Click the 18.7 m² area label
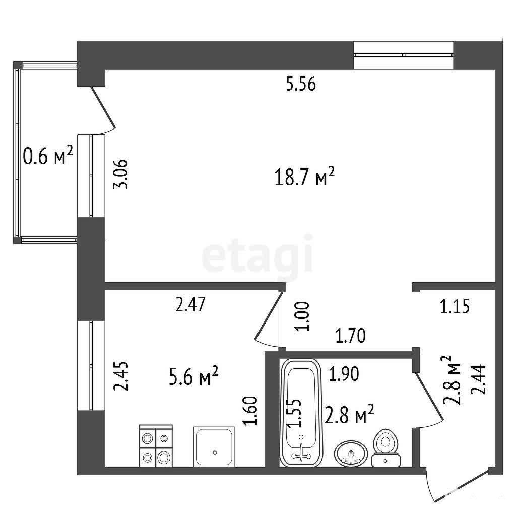(304, 177)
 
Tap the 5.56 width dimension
(301, 84)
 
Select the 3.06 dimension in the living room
(120, 174)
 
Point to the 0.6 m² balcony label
(48, 155)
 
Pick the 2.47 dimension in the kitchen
(190, 304)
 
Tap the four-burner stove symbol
(156, 445)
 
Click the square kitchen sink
(214, 446)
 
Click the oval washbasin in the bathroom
(351, 454)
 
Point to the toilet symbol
(385, 448)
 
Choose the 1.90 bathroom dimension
(344, 374)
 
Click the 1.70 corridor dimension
(351, 336)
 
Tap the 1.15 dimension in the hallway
(455, 307)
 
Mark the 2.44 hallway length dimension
(478, 379)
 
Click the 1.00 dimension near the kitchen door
(303, 316)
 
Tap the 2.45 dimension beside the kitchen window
(121, 376)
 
